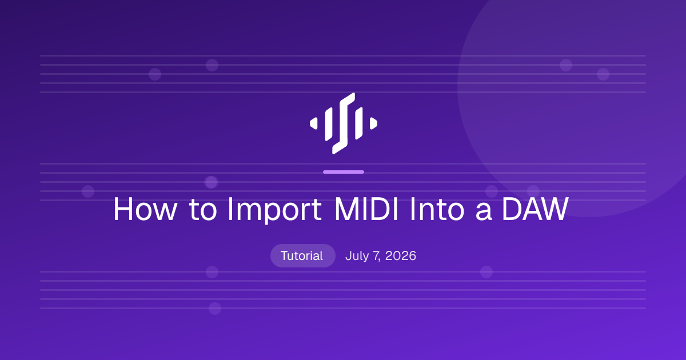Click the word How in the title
145,209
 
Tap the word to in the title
204,210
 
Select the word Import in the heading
274,211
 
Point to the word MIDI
366,209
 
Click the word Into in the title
437,209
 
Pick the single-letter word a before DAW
484,212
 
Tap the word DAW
535,209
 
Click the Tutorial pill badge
302,255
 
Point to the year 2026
401,256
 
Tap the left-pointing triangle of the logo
314,123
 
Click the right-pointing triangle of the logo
373,123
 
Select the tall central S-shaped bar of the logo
344,123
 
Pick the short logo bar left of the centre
329,124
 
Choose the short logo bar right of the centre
358,123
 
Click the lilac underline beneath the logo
344,172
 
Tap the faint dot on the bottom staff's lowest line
215,308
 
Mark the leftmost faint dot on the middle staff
88,191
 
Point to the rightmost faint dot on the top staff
603,74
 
